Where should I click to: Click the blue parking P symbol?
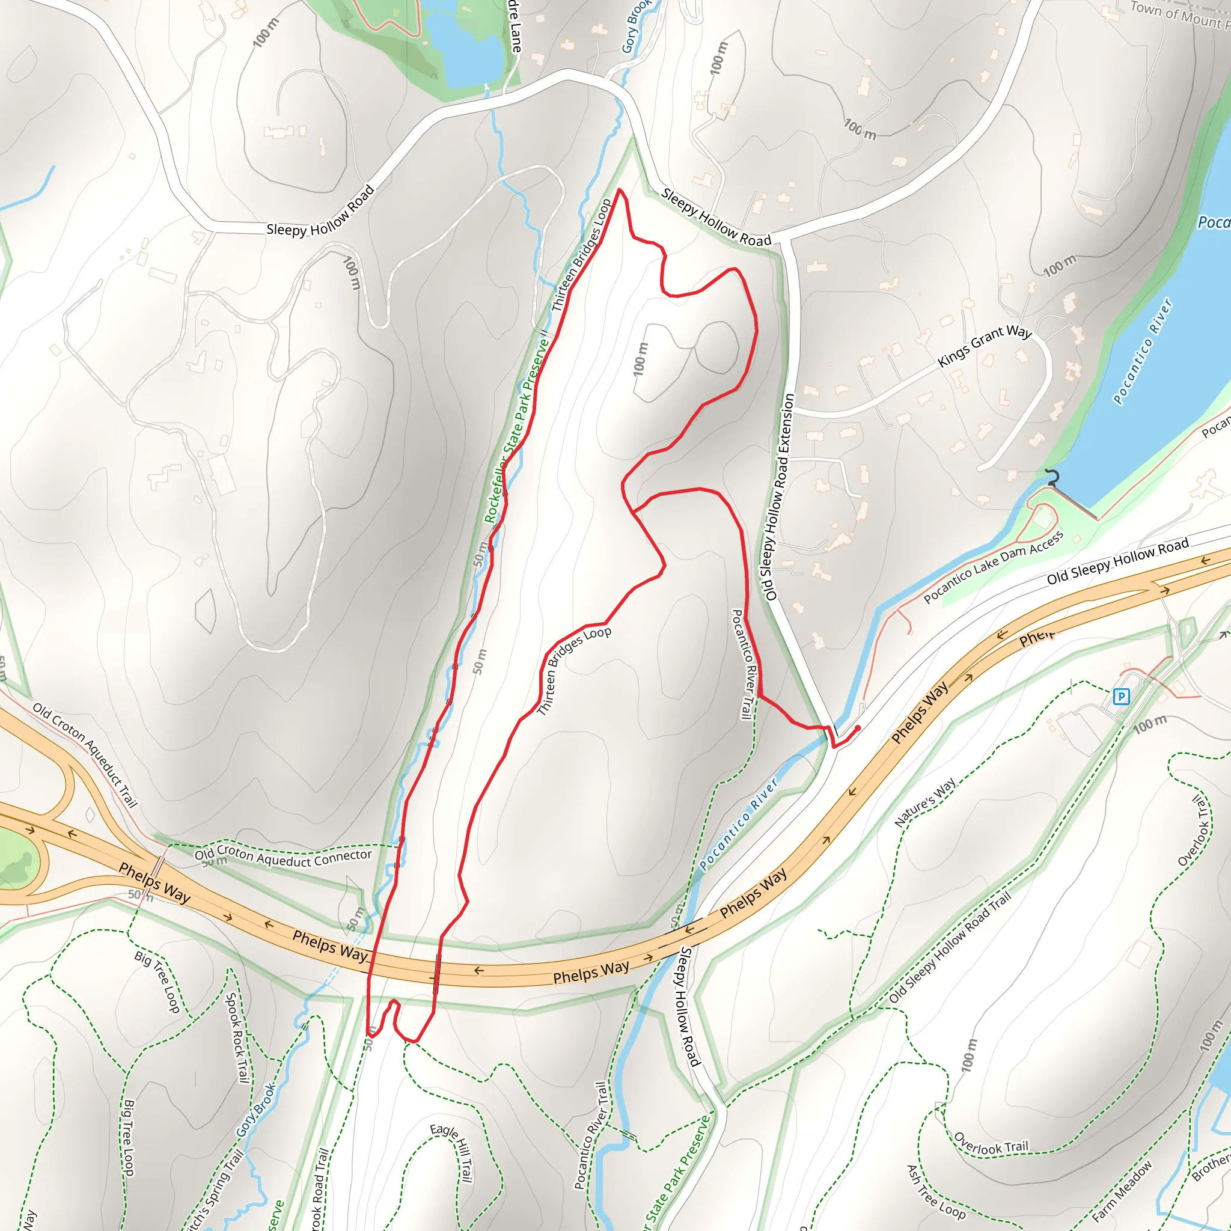1121,697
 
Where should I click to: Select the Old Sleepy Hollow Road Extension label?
780,497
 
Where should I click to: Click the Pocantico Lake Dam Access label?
994,566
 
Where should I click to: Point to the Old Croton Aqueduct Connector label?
284,858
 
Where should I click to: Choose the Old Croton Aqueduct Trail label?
85,755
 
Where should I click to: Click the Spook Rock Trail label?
236,1038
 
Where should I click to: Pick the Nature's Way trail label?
925,802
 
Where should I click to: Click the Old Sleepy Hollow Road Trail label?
950,947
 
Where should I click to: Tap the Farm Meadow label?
1122,1191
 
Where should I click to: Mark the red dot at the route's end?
858,729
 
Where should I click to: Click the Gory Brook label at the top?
636,25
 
